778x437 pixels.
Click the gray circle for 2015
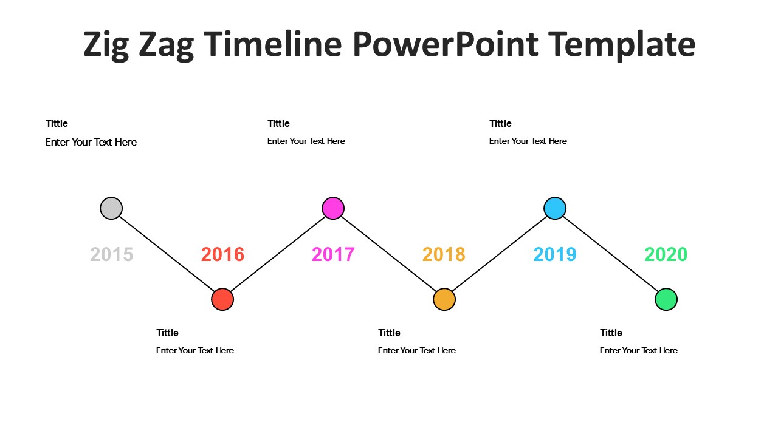tap(111, 208)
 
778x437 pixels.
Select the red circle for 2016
tap(222, 299)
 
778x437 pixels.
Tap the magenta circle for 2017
tap(333, 208)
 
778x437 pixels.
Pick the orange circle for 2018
tap(444, 299)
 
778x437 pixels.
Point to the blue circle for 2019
tap(555, 208)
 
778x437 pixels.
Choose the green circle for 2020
tap(666, 299)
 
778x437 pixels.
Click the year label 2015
tap(111, 254)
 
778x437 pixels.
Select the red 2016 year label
tap(222, 254)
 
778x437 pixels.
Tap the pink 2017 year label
tap(333, 254)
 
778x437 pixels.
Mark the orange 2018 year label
tap(444, 254)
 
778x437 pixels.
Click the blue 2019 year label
tap(555, 254)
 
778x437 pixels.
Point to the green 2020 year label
tap(666, 254)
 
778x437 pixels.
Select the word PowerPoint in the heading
tap(446, 44)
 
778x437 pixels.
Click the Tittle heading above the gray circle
tap(57, 123)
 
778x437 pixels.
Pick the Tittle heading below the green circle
tap(611, 333)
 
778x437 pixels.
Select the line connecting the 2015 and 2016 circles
tap(167, 254)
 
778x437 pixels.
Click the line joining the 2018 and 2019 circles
tap(500, 254)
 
